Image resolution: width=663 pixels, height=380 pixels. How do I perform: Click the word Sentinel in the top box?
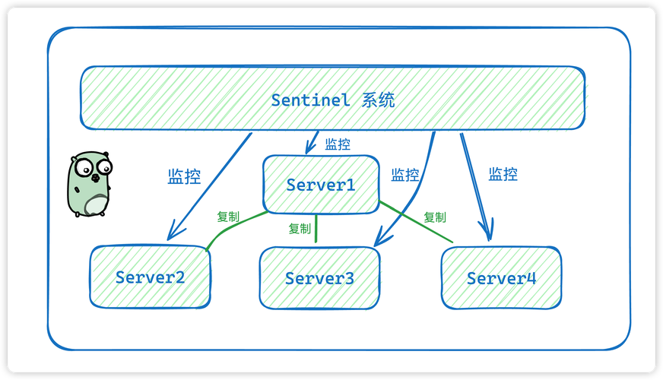[310, 100]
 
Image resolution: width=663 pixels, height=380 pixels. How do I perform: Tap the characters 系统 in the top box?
[379, 100]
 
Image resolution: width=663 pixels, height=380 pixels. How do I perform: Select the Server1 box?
[321, 184]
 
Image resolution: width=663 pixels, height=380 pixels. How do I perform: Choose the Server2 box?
[151, 277]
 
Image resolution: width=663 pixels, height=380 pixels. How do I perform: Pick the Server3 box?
[319, 278]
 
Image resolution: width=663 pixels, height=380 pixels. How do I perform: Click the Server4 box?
[501, 278]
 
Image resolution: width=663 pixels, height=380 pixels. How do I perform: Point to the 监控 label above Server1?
[338, 144]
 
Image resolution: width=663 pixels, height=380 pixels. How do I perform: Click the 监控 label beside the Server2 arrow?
[184, 177]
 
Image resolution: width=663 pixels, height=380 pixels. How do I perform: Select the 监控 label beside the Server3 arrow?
[404, 175]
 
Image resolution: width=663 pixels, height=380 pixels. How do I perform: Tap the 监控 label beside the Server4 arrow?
[503, 174]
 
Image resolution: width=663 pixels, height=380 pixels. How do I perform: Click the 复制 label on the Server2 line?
[228, 217]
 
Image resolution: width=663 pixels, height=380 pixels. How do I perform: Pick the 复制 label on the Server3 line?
[300, 228]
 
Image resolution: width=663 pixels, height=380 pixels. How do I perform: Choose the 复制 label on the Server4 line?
[435, 217]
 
